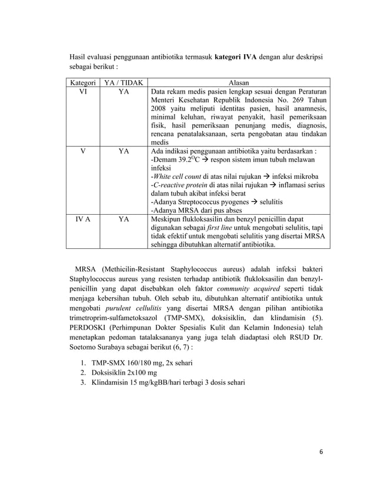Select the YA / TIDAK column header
(124, 83)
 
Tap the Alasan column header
(238, 83)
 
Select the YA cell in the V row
(124, 151)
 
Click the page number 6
(322, 452)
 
